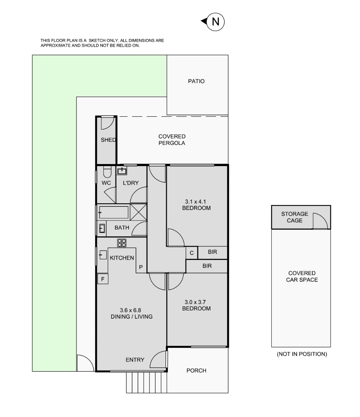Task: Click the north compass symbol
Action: pyautogui.click(x=213, y=22)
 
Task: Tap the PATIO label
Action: pyautogui.click(x=196, y=81)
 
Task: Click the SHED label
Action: pyautogui.click(x=108, y=140)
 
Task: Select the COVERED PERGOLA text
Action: pyautogui.click(x=172, y=140)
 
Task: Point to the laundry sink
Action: pyautogui.click(x=122, y=171)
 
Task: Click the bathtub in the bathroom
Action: pyautogui.click(x=114, y=212)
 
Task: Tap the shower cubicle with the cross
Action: pyautogui.click(x=138, y=212)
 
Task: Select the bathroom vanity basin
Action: pyautogui.click(x=102, y=228)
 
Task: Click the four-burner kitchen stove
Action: pyautogui.click(x=122, y=243)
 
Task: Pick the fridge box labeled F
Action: pyautogui.click(x=103, y=279)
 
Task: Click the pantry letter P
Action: pyautogui.click(x=141, y=267)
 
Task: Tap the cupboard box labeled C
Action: pyautogui.click(x=192, y=253)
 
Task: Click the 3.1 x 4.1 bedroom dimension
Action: pyautogui.click(x=195, y=202)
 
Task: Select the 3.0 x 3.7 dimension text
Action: pyautogui.click(x=195, y=302)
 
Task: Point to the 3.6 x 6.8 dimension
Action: pyautogui.click(x=130, y=310)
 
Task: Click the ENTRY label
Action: pyautogui.click(x=135, y=360)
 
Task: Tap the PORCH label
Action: pyautogui.click(x=196, y=370)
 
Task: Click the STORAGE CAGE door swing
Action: pyautogui.click(x=320, y=221)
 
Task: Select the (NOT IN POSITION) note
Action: pyautogui.click(x=302, y=354)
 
